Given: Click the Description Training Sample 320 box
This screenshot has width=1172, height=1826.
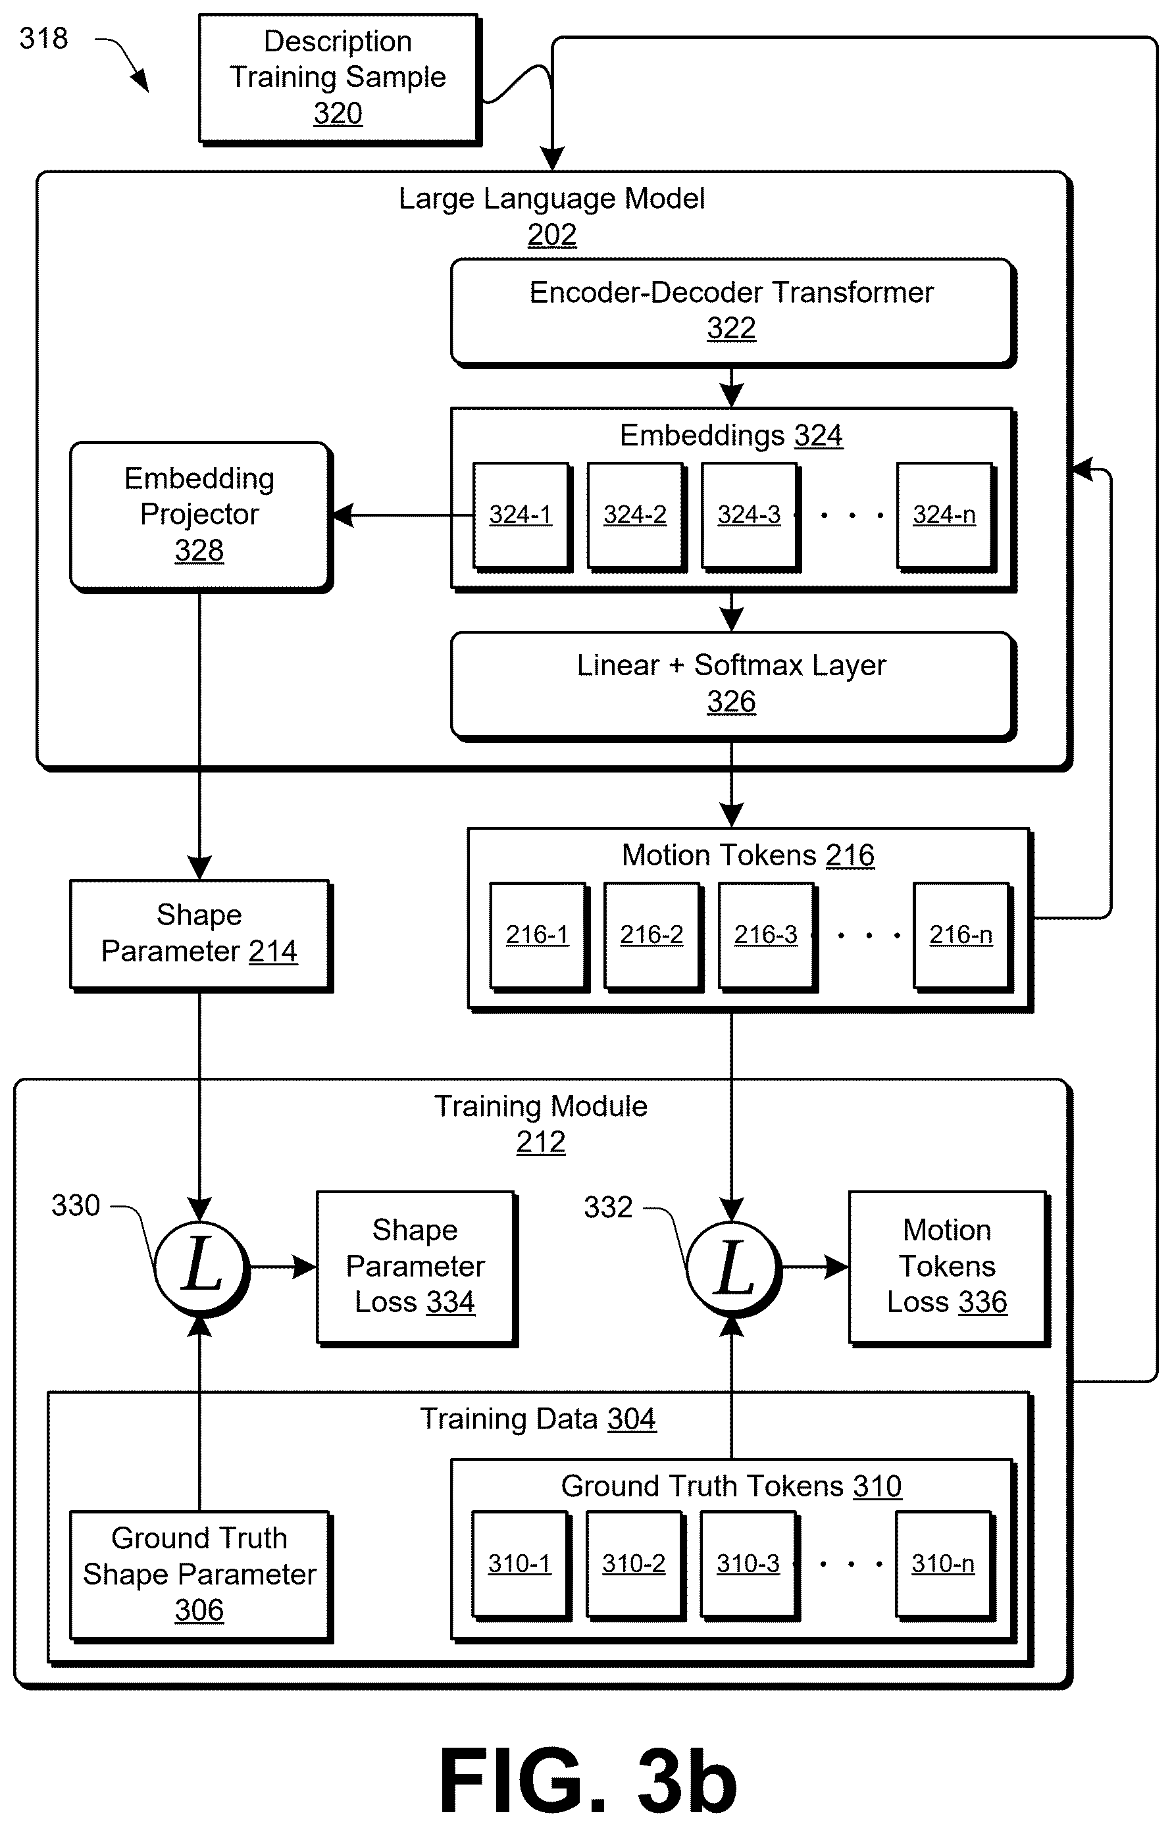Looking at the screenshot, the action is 340,79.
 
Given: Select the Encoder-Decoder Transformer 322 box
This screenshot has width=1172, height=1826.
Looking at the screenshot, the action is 733,313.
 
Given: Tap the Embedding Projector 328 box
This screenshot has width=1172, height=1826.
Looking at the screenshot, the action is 201,517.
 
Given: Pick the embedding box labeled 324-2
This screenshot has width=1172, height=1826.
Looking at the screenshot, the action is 636,517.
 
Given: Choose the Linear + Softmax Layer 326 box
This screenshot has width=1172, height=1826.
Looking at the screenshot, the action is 733,686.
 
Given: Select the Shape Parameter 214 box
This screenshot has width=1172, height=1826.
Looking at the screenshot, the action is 201,936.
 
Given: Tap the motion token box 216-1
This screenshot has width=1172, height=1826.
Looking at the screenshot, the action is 539,936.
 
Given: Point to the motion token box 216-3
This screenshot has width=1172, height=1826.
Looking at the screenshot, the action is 767,936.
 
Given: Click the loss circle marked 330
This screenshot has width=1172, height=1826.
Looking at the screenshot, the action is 201,1268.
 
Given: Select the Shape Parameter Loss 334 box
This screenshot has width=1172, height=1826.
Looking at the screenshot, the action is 417,1268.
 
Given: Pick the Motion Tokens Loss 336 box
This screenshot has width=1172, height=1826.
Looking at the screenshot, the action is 949,1268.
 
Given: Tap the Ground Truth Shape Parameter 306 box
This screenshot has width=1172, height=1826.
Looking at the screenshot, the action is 201,1577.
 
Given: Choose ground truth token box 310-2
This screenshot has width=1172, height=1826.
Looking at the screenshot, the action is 636,1566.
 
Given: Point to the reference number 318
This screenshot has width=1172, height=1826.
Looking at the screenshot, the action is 43,38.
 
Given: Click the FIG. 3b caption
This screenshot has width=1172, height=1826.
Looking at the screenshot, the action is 588,1781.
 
